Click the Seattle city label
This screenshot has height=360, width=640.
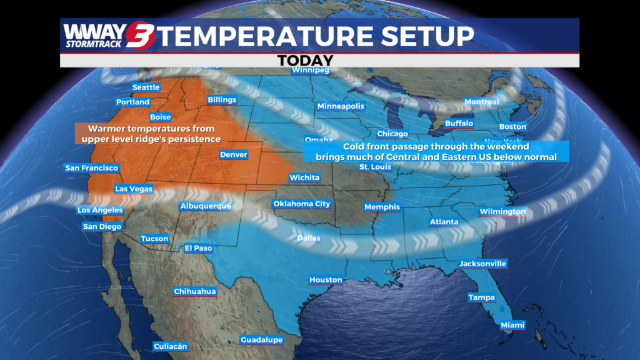point(146,87)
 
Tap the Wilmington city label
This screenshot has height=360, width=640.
point(502,212)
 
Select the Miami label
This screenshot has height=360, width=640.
point(512,325)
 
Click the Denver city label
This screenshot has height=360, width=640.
point(234,154)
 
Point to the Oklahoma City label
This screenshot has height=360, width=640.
point(302,204)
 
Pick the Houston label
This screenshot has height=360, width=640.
point(326,280)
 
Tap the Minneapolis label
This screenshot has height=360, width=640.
point(341,106)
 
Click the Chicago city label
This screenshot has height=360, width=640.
point(392,134)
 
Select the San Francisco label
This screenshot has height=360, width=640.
point(92,168)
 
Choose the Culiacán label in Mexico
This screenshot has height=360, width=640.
point(170,346)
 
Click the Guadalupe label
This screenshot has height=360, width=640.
point(262,340)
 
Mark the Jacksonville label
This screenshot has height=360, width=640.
point(482,264)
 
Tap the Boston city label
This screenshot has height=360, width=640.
point(512,127)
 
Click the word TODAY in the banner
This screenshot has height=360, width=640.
point(305,61)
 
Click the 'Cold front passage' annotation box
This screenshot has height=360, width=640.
point(436,151)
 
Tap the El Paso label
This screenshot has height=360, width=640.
point(198,248)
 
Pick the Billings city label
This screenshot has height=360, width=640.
point(222,100)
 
